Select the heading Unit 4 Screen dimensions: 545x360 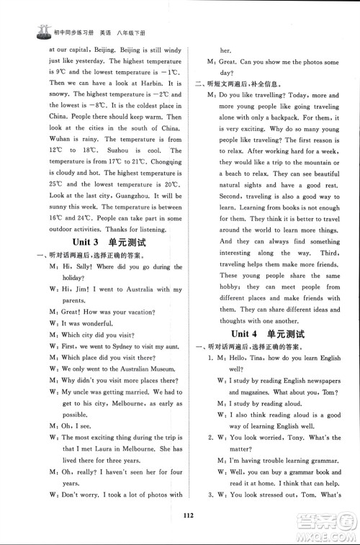[247, 333]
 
